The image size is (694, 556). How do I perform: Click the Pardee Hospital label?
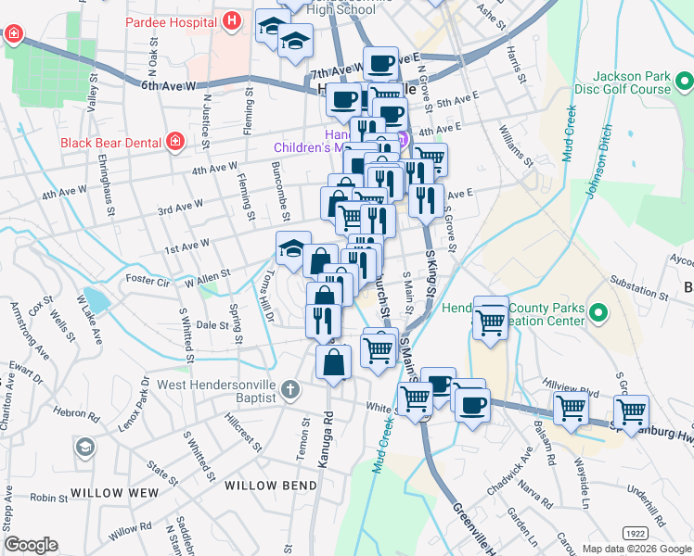172,19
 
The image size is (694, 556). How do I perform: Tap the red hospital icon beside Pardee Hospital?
232,19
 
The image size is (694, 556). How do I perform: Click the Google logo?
31,545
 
